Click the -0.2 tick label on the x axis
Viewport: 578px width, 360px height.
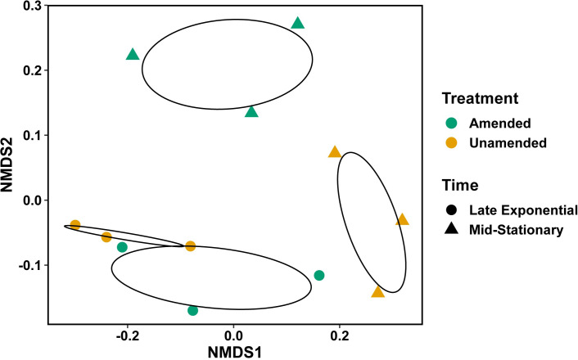click(127, 335)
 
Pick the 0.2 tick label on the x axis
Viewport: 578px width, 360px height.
click(339, 335)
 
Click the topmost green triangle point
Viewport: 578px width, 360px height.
click(298, 23)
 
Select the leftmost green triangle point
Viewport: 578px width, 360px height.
click(133, 55)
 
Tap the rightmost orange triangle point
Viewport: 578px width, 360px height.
click(402, 219)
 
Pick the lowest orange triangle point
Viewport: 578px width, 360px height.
click(377, 292)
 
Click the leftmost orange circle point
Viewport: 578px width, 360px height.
click(75, 225)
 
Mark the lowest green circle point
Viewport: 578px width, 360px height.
click(192, 310)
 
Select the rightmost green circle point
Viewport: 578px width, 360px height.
click(319, 275)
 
